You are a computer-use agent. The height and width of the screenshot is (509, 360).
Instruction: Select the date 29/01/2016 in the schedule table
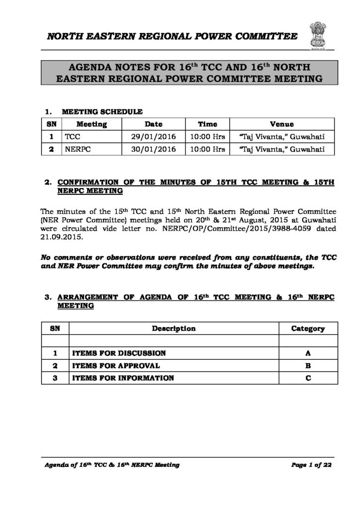(x=153, y=136)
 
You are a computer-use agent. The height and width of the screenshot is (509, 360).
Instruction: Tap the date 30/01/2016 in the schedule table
(x=153, y=149)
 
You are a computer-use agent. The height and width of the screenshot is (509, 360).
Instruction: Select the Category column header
(x=308, y=329)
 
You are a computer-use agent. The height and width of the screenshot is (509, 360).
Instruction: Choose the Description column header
(x=174, y=329)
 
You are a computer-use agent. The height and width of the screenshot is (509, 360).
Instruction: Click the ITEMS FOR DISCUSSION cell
(x=119, y=353)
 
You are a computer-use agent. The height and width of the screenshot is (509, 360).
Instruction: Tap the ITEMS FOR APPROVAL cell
(x=116, y=366)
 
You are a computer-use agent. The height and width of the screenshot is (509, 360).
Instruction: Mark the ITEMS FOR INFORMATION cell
(x=123, y=378)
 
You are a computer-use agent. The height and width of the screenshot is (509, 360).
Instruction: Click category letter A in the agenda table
(x=308, y=353)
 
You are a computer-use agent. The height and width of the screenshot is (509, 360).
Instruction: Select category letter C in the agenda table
(x=308, y=378)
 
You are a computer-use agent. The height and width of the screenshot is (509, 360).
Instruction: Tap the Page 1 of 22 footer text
(x=311, y=465)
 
